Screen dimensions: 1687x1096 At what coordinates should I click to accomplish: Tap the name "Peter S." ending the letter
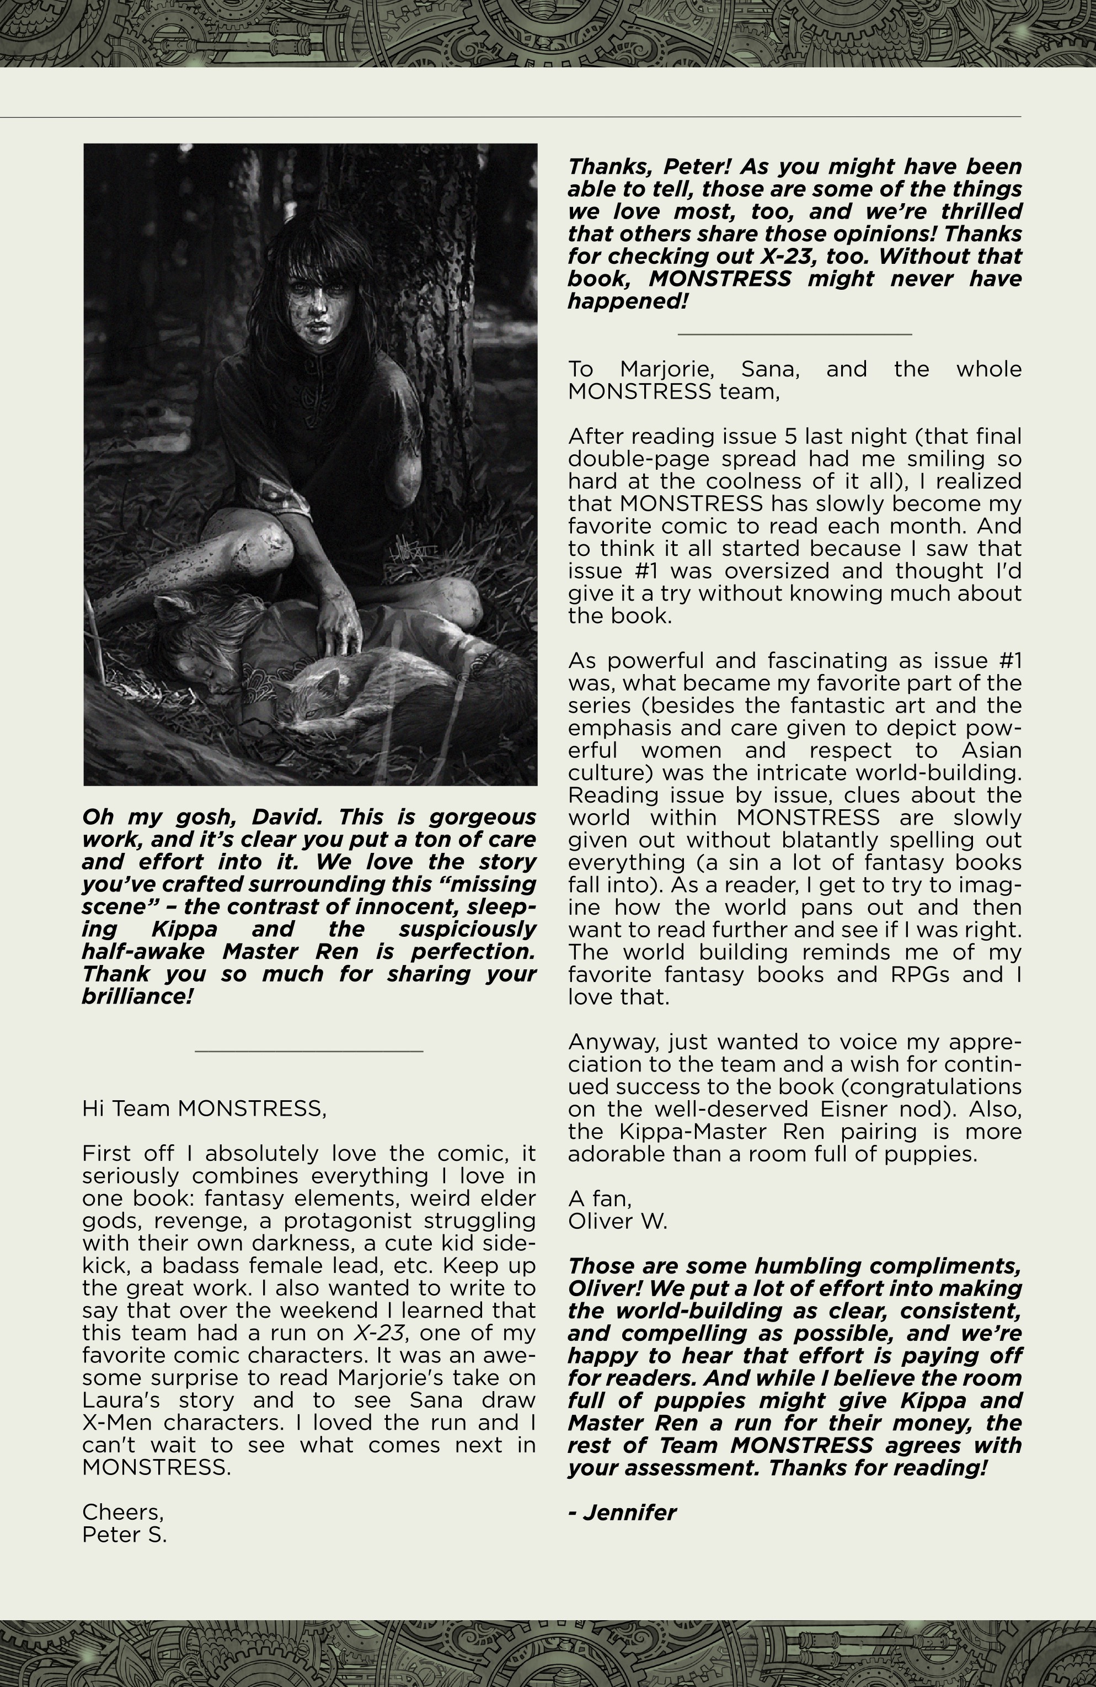[125, 1535]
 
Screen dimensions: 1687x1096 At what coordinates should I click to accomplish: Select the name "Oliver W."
[617, 1221]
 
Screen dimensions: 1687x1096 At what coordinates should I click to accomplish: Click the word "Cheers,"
[122, 1512]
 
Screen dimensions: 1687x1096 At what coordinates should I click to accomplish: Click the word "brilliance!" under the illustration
[137, 996]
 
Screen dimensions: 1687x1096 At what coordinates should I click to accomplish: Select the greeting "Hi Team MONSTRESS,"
[204, 1108]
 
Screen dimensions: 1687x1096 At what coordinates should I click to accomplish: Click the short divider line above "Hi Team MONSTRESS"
[309, 1051]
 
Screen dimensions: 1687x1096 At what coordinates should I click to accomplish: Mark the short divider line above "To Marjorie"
[794, 333]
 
